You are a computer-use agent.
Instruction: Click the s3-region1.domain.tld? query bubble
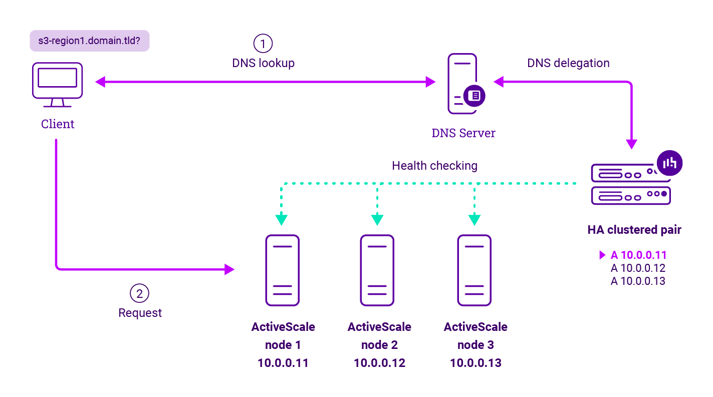89,41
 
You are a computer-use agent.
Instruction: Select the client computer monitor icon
58,84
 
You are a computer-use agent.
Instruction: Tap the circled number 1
263,44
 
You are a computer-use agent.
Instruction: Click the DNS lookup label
263,63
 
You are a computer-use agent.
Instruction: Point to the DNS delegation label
568,63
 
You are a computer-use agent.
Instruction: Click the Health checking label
434,165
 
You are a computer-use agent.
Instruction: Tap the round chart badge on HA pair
669,163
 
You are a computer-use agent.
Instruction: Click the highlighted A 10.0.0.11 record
638,255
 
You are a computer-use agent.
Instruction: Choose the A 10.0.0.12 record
638,268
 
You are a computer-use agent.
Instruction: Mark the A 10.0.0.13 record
638,281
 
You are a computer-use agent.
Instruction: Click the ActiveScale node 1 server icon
283,270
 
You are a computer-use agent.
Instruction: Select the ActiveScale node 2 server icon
377,270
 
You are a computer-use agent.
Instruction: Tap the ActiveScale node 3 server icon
474,270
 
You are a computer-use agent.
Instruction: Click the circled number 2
140,294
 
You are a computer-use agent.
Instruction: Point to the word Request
140,313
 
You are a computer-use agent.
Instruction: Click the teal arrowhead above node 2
377,220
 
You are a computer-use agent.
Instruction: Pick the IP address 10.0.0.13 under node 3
476,363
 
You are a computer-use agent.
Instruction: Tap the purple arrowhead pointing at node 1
229,269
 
